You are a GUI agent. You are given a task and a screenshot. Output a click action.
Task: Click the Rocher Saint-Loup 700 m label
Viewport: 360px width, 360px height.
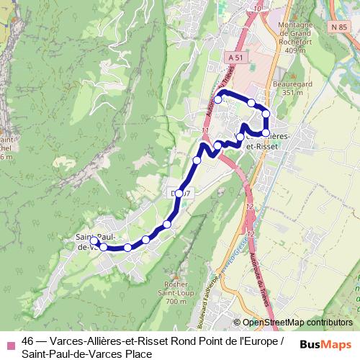(175, 292)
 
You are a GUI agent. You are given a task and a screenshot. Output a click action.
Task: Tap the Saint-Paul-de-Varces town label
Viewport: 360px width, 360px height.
(91, 242)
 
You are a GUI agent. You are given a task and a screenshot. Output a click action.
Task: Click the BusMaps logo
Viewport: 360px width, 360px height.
(325, 344)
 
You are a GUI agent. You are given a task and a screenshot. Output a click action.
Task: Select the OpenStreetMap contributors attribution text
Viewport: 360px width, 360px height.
(297, 323)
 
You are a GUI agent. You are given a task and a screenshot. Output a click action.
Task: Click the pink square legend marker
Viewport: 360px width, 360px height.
(11, 342)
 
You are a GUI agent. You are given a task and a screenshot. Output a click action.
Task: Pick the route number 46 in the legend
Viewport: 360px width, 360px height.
(27, 341)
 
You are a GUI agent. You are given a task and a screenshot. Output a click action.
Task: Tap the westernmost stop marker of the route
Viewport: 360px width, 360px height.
(94, 242)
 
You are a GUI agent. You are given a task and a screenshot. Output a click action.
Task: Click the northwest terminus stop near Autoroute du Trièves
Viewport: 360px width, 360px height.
(217, 100)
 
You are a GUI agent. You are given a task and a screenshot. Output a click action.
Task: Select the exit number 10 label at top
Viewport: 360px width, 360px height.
(258, 9)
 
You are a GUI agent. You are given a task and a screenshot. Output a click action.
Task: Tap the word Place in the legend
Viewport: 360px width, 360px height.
(138, 354)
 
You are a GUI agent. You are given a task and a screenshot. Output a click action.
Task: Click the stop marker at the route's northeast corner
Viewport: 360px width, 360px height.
(266, 114)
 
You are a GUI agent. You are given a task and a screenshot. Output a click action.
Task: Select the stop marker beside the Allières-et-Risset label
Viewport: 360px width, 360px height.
(266, 133)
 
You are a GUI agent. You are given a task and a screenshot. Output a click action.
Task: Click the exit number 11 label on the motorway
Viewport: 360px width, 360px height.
(207, 130)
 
